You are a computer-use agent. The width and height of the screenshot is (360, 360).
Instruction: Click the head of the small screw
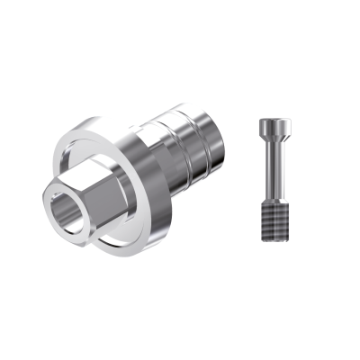click(x=272, y=126)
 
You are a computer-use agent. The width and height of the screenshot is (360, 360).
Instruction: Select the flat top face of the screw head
click(x=272, y=120)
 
